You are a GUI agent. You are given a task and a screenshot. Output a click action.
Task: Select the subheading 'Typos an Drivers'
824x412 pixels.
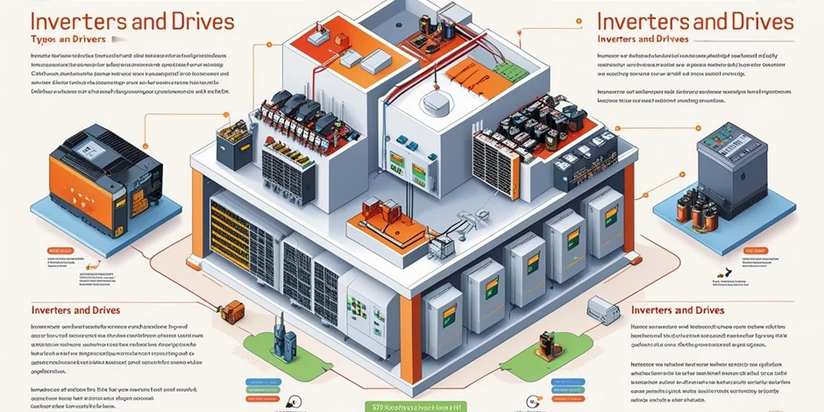[x=60, y=41]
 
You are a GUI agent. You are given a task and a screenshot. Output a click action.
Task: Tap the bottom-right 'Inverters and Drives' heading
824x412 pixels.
[x=678, y=310]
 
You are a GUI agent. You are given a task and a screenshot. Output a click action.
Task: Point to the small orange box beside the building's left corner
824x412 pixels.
[x=233, y=310]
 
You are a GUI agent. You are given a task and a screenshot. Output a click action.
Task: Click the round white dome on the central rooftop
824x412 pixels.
[x=436, y=103]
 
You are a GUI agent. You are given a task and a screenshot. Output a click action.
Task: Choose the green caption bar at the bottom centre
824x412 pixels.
[x=412, y=404]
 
